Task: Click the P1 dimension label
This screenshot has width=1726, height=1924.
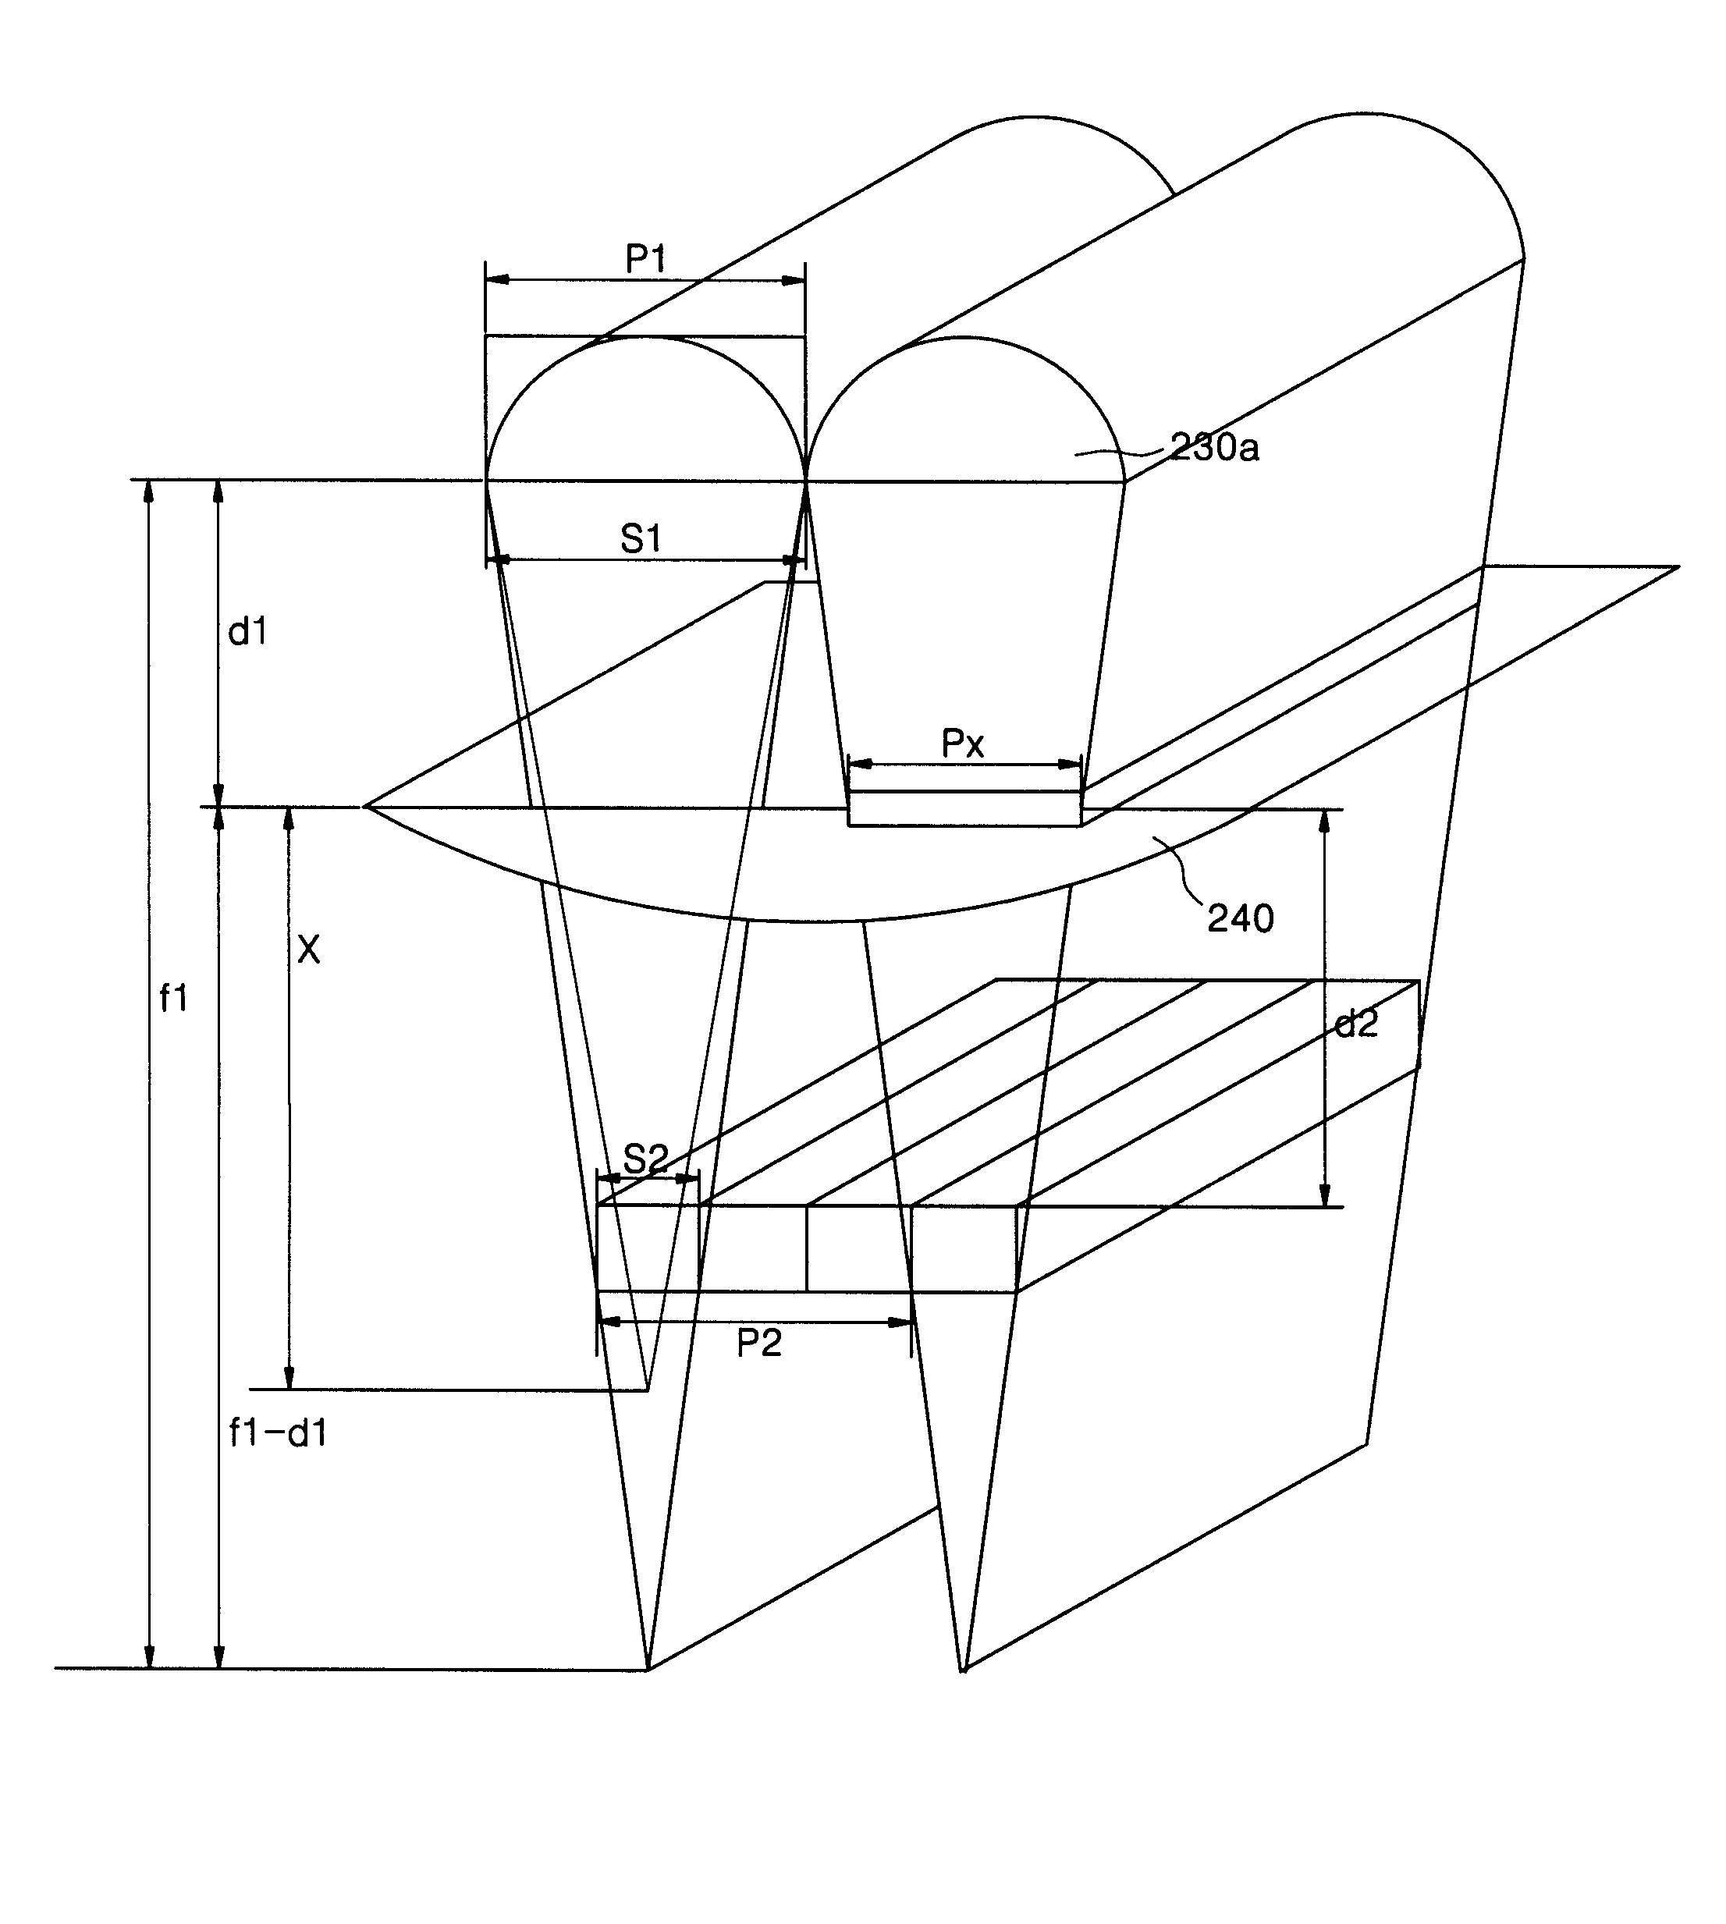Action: [646, 258]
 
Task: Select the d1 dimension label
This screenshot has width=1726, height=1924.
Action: [247, 631]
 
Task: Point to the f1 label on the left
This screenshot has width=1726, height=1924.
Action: [173, 999]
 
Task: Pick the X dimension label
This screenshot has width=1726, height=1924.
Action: [308, 950]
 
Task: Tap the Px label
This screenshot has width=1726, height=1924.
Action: [963, 744]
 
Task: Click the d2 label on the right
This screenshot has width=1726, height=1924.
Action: [1355, 1024]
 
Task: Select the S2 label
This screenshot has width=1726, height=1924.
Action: [646, 1159]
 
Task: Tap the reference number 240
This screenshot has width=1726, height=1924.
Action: [1241, 918]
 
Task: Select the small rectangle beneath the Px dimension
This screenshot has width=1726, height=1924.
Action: [964, 809]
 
